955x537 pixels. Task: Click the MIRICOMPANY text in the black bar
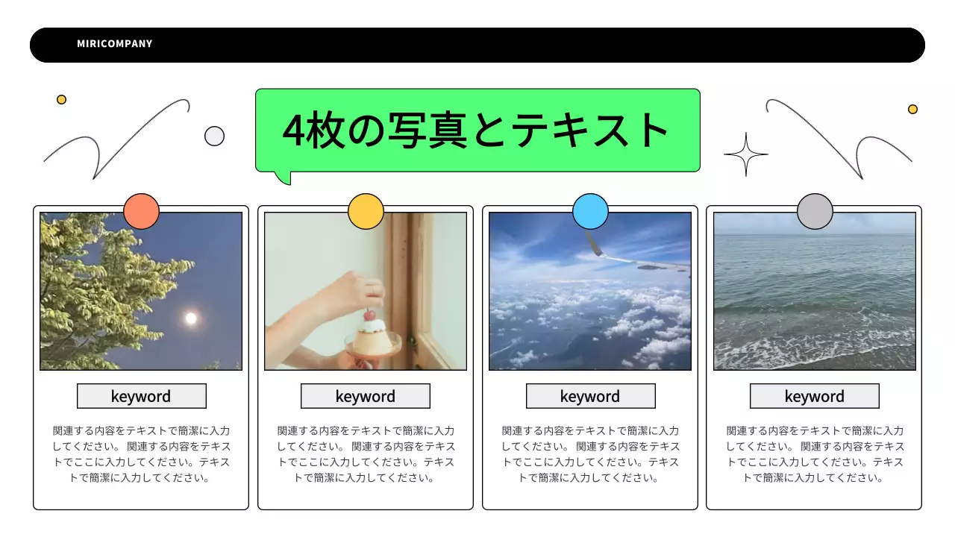click(114, 44)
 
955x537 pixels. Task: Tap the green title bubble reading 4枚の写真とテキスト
click(477, 131)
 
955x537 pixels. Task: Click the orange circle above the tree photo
click(141, 211)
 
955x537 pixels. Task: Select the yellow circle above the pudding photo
click(366, 211)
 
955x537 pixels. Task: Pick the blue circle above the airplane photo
click(590, 211)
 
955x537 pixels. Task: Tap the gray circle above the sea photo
click(815, 211)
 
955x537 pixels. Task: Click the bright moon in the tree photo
click(191, 318)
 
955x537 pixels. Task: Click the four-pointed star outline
click(745, 154)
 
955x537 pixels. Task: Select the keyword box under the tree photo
click(141, 396)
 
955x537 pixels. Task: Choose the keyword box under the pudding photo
click(366, 396)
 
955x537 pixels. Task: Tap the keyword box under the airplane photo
click(590, 396)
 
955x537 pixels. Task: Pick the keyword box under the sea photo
click(815, 396)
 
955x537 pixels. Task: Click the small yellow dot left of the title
click(61, 99)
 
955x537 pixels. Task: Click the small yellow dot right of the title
click(912, 109)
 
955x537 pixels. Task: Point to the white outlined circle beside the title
click(214, 136)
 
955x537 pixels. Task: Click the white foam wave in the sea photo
click(813, 351)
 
